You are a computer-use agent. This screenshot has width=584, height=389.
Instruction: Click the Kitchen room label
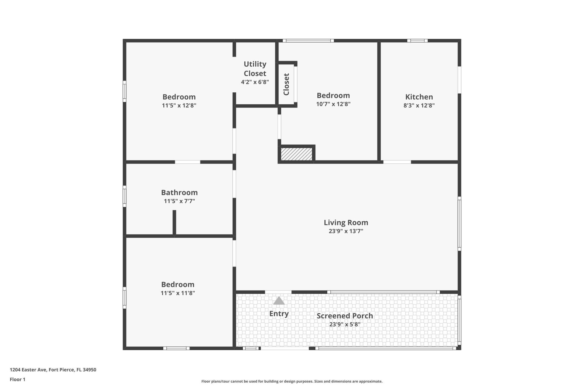coord(419,97)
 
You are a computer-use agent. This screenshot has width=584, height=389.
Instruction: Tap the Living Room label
coord(346,222)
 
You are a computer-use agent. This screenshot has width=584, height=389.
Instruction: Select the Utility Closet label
coord(255,69)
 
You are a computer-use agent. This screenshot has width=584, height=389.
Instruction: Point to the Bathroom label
coord(179,192)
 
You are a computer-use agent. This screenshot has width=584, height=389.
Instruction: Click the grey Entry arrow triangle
coord(279,301)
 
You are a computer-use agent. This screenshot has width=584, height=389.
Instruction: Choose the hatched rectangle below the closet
coord(297,154)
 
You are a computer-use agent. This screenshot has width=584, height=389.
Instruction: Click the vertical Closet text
coord(286,84)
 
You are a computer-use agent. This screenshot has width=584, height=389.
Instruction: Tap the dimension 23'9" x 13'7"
coord(346,231)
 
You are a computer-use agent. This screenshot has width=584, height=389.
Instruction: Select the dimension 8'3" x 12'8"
coord(419,105)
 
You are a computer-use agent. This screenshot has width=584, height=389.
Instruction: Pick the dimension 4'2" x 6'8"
coord(255,82)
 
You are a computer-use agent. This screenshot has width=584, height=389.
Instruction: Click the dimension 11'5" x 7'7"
coord(179,201)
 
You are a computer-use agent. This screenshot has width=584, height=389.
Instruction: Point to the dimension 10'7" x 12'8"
coord(333,104)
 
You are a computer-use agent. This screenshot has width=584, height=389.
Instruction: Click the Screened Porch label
coord(345,316)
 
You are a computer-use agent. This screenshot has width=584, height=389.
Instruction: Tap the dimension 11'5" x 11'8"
coord(178,293)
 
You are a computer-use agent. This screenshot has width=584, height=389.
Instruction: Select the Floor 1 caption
coord(18,379)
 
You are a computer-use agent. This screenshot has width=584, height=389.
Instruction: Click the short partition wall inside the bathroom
coord(174,222)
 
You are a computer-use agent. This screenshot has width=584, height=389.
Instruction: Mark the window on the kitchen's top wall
coord(417,41)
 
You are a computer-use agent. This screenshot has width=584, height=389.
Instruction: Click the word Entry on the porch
coord(279,314)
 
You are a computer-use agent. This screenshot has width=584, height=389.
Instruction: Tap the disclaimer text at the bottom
coord(292,381)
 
